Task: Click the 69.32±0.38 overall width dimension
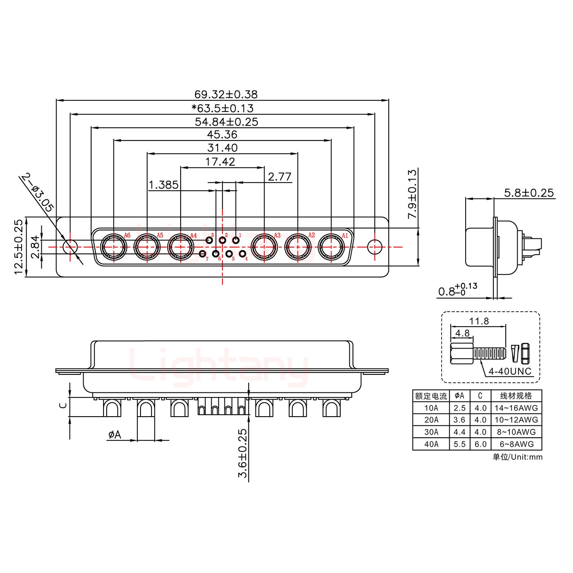(226, 94)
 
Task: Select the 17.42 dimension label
(220, 162)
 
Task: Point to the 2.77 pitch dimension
(280, 177)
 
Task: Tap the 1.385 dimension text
(163, 185)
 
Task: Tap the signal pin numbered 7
(203, 254)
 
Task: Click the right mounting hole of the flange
(374, 247)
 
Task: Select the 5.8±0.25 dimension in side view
(528, 193)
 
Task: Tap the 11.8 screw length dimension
(479, 321)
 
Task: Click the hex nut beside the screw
(524, 353)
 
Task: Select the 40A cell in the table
(431, 444)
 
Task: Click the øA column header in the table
(459, 396)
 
